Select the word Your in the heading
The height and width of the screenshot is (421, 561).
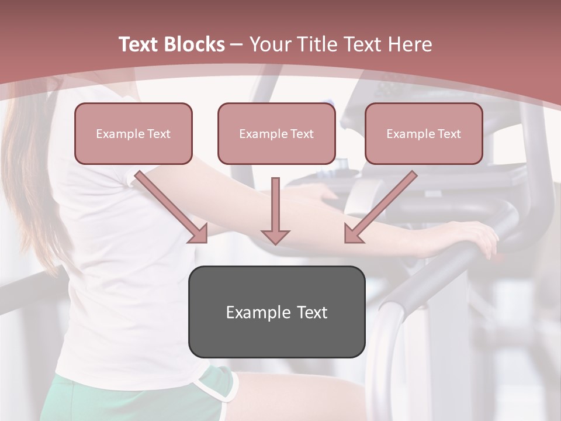pyautogui.click(x=269, y=44)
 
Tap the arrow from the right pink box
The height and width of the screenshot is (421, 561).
pyautogui.click(x=380, y=207)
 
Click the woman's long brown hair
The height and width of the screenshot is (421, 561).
pyautogui.click(x=29, y=175)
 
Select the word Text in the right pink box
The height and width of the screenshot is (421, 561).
pyautogui.click(x=449, y=134)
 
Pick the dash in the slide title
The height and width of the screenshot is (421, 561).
pyautogui.click(x=237, y=44)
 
